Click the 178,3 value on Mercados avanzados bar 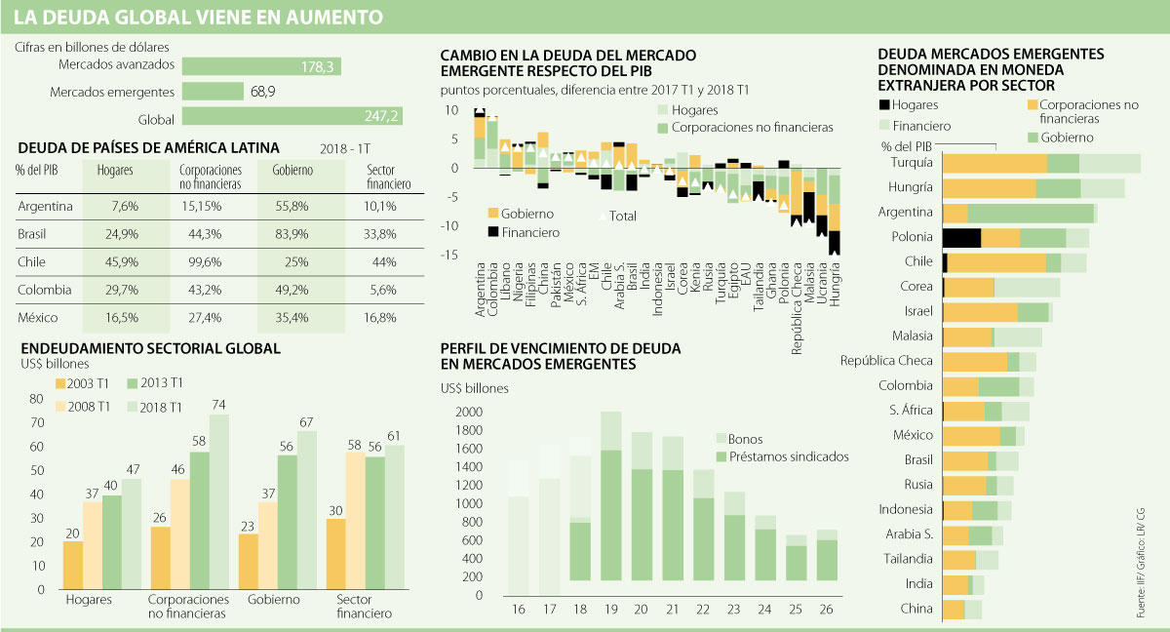pyautogui.click(x=319, y=66)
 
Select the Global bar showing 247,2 pyautogui.click(x=292, y=116)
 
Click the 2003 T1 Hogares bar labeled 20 pyautogui.click(x=73, y=565)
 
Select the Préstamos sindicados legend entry pyautogui.click(x=782, y=456)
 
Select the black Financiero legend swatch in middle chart pyautogui.click(x=493, y=232)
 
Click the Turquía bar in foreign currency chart pyautogui.click(x=1041, y=163)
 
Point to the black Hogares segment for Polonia pyautogui.click(x=961, y=237)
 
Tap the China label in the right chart pyautogui.click(x=918, y=609)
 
